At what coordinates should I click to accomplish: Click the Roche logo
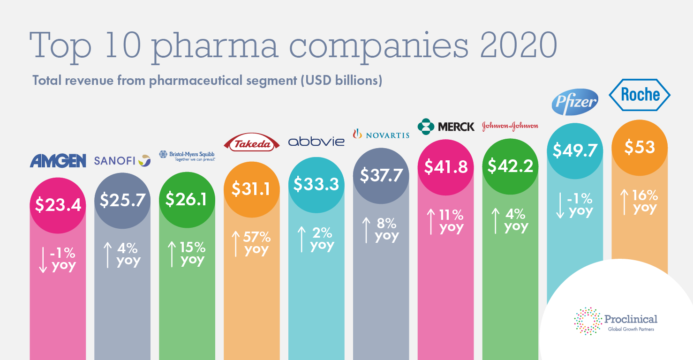tap(640, 95)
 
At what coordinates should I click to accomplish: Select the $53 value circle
tap(640, 148)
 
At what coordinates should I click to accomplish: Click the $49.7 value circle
tap(575, 151)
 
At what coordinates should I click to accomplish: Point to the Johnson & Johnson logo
tap(510, 126)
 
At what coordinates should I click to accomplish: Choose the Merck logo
tap(446, 126)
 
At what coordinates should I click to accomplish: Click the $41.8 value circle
tap(445, 167)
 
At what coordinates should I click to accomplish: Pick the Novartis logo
tap(381, 135)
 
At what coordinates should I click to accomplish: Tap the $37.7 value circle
tap(381, 175)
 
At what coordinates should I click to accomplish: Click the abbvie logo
tap(316, 141)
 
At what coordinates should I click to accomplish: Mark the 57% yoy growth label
tap(250, 243)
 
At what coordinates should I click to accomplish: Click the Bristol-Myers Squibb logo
tap(187, 156)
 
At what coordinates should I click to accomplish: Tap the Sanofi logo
tap(122, 161)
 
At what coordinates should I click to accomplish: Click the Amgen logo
tap(58, 161)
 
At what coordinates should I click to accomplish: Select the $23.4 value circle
tap(58, 205)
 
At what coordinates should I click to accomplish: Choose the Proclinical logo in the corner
tap(615, 322)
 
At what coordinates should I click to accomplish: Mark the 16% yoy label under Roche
tap(638, 202)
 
